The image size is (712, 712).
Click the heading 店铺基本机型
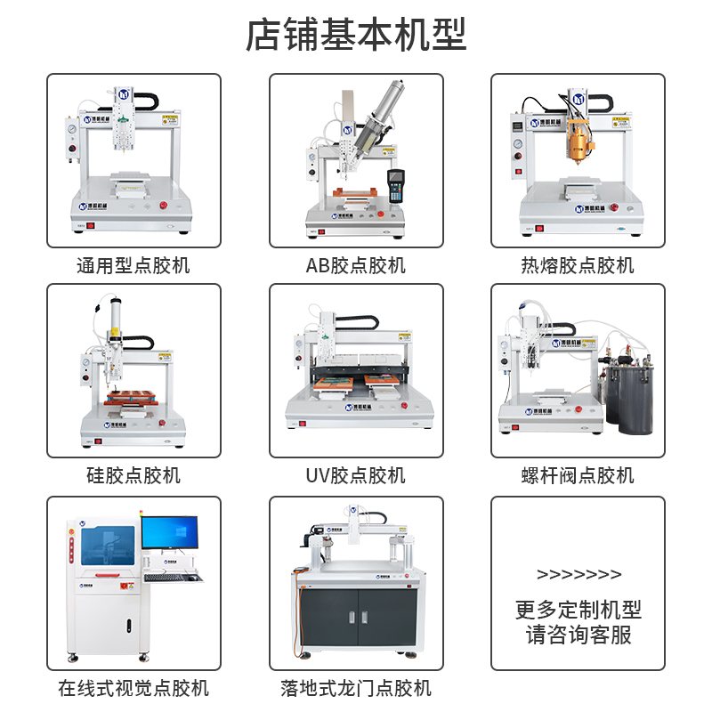(x=356, y=36)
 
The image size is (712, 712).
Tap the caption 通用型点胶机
(x=133, y=265)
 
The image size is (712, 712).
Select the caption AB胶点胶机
(x=356, y=265)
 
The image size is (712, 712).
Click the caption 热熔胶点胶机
(x=578, y=265)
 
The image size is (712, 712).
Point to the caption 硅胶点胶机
(x=133, y=475)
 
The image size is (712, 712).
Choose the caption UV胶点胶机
(x=356, y=475)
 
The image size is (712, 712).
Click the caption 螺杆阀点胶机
(x=578, y=475)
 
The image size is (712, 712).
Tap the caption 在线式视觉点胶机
(x=133, y=688)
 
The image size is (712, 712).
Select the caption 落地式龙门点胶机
(x=356, y=688)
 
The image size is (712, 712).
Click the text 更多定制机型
(x=578, y=610)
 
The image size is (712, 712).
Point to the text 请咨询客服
(x=578, y=635)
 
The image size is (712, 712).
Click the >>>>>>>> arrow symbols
(x=579, y=574)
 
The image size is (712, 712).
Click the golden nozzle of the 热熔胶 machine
(x=579, y=142)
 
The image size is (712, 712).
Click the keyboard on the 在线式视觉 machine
(x=173, y=578)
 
